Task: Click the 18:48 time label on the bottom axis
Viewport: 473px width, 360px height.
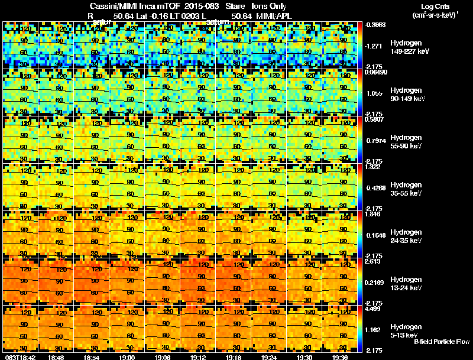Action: [x=57, y=357]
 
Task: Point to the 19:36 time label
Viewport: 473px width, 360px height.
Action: [x=340, y=357]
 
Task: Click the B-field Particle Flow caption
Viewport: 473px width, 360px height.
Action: [x=441, y=342]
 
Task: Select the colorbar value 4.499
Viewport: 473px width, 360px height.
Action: [x=372, y=307]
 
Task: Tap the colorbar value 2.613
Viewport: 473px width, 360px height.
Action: [x=372, y=261]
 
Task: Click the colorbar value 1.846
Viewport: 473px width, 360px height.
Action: [x=372, y=213]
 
